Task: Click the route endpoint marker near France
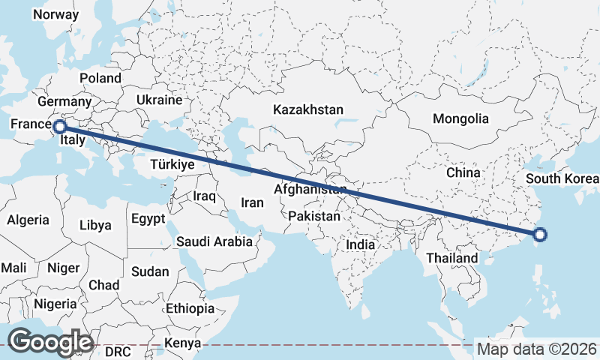pyautogui.click(x=60, y=127)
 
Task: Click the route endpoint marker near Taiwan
pyautogui.click(x=540, y=235)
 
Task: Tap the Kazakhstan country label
pyautogui.click(x=307, y=109)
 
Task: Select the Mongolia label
pyautogui.click(x=460, y=118)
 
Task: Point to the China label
pyautogui.click(x=463, y=172)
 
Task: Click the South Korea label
pyautogui.click(x=562, y=178)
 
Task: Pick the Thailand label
pyautogui.click(x=451, y=258)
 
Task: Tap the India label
pyautogui.click(x=360, y=244)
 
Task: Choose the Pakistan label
pyautogui.click(x=314, y=217)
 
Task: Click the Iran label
pyautogui.click(x=252, y=202)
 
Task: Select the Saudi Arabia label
pyautogui.click(x=214, y=241)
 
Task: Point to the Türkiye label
pyautogui.click(x=172, y=164)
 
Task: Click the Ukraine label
pyautogui.click(x=159, y=100)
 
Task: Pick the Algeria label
pyautogui.click(x=28, y=220)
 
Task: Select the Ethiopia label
pyautogui.click(x=190, y=308)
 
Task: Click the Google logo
pyautogui.click(x=49, y=342)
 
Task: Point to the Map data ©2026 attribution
pyautogui.click(x=536, y=349)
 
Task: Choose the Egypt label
pyautogui.click(x=147, y=219)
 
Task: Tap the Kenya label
pyautogui.click(x=184, y=343)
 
